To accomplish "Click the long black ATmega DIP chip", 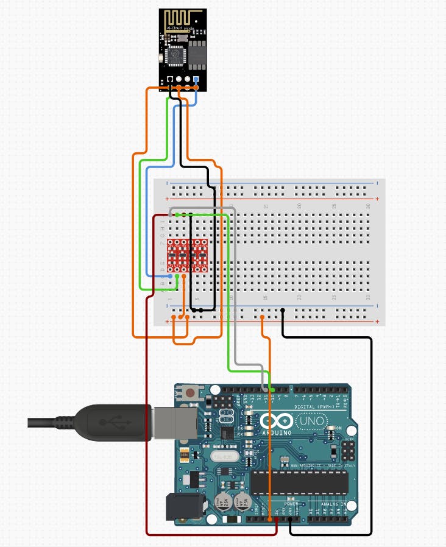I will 299,482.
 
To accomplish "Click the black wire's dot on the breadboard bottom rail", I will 283,311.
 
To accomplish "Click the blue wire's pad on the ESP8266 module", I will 196,80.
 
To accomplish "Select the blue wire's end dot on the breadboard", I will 170,276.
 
